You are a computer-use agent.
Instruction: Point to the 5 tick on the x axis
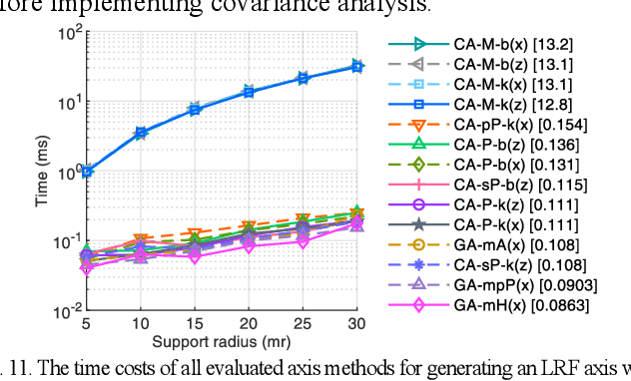(x=87, y=325)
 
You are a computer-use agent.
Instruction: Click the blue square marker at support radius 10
(x=141, y=132)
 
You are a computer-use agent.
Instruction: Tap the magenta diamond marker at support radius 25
(x=303, y=242)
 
